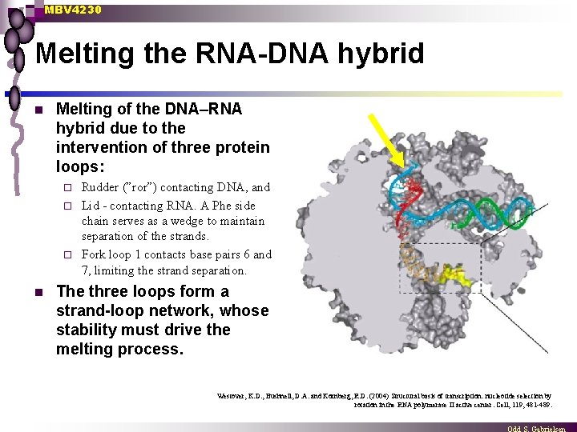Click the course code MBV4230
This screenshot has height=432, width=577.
[x=73, y=10]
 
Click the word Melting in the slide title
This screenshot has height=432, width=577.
[x=87, y=54]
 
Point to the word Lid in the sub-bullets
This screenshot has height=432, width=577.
[x=91, y=205]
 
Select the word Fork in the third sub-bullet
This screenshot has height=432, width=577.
[x=95, y=254]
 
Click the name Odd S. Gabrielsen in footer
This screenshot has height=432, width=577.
[x=541, y=428]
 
